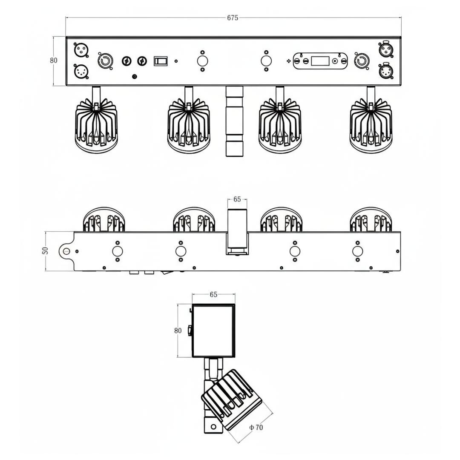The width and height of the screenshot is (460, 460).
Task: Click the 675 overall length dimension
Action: click(x=233, y=17)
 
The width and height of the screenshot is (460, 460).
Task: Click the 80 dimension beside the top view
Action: click(x=53, y=60)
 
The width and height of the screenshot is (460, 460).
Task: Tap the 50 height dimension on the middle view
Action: click(x=45, y=250)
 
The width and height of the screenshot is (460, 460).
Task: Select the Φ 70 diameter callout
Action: click(x=256, y=427)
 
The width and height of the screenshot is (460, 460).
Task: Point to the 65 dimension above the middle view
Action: click(x=237, y=199)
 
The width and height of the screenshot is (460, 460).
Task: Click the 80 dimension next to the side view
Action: click(x=178, y=330)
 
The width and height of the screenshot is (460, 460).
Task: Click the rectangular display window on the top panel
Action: click(x=320, y=61)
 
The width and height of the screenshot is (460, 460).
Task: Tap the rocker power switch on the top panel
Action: click(x=161, y=61)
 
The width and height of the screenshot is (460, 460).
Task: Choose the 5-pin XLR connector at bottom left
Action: click(x=81, y=72)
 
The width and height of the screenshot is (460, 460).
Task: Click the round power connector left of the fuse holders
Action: click(x=104, y=61)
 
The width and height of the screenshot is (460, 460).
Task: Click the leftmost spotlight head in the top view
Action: click(x=97, y=126)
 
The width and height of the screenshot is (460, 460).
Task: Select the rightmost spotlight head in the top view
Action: click(x=371, y=126)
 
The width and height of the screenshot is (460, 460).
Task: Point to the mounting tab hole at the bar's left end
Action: click(x=66, y=251)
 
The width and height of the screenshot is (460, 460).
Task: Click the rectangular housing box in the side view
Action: click(x=213, y=331)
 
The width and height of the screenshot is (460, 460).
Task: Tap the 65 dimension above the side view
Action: click(x=213, y=294)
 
